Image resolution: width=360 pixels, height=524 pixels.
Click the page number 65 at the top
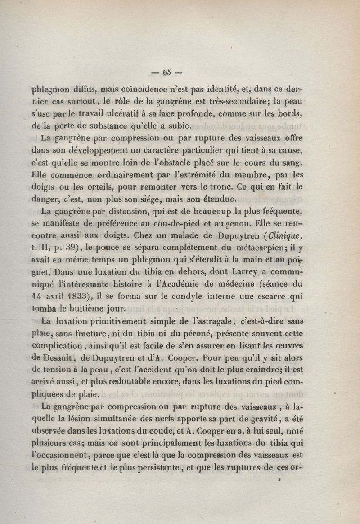coord(167,72)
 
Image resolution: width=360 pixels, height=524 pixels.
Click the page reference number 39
coord(71,248)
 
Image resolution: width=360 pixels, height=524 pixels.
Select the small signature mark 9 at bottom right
coord(279,480)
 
